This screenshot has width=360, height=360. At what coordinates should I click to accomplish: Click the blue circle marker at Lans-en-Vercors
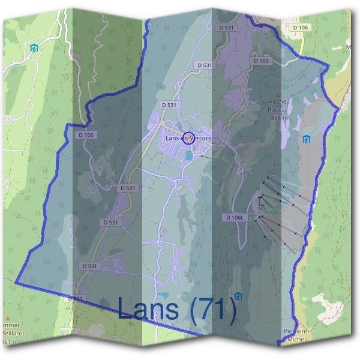click(x=188, y=139)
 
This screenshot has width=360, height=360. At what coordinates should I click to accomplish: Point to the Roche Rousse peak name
click(x=278, y=106)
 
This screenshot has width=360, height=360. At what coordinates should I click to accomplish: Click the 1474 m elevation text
click(x=278, y=118)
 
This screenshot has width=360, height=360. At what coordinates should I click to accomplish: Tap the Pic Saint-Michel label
click(x=295, y=335)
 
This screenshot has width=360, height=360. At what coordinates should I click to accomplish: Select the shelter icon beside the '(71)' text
click(x=239, y=296)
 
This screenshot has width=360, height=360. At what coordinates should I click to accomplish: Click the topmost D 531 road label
click(x=227, y=28)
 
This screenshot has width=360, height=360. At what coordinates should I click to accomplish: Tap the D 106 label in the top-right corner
click(x=301, y=28)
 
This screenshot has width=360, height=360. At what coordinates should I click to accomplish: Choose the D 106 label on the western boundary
click(x=86, y=135)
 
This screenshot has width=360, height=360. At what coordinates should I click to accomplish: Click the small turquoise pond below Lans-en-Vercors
click(x=188, y=155)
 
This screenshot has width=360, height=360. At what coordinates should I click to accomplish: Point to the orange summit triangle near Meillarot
click(x=7, y=319)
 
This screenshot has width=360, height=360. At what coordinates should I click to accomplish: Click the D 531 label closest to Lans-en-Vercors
click(x=171, y=104)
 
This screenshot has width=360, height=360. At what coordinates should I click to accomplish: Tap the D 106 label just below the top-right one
click(x=262, y=61)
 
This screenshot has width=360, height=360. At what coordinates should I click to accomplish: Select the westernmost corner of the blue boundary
click(x=16, y=282)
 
